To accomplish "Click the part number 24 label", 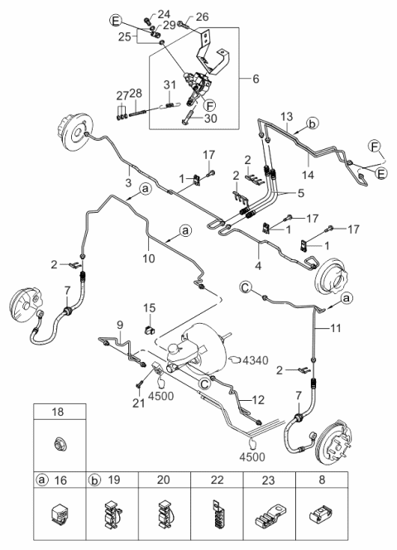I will click(164, 14).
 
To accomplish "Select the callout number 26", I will click(203, 15).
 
